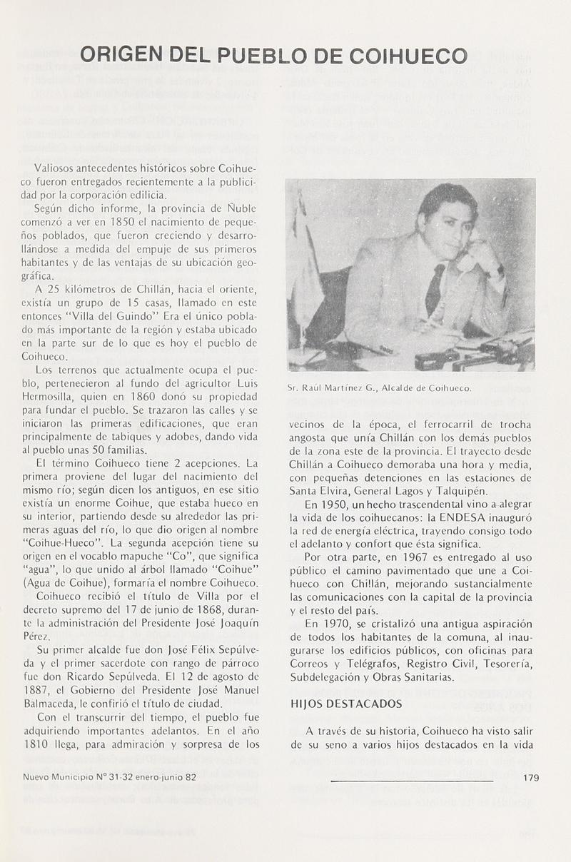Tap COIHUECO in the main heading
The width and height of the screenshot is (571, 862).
(407, 55)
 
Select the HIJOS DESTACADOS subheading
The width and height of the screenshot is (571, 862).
(346, 704)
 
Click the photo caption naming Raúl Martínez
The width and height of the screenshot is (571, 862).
(379, 388)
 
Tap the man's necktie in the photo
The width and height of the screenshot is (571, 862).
(434, 289)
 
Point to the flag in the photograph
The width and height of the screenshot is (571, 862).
(305, 264)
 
